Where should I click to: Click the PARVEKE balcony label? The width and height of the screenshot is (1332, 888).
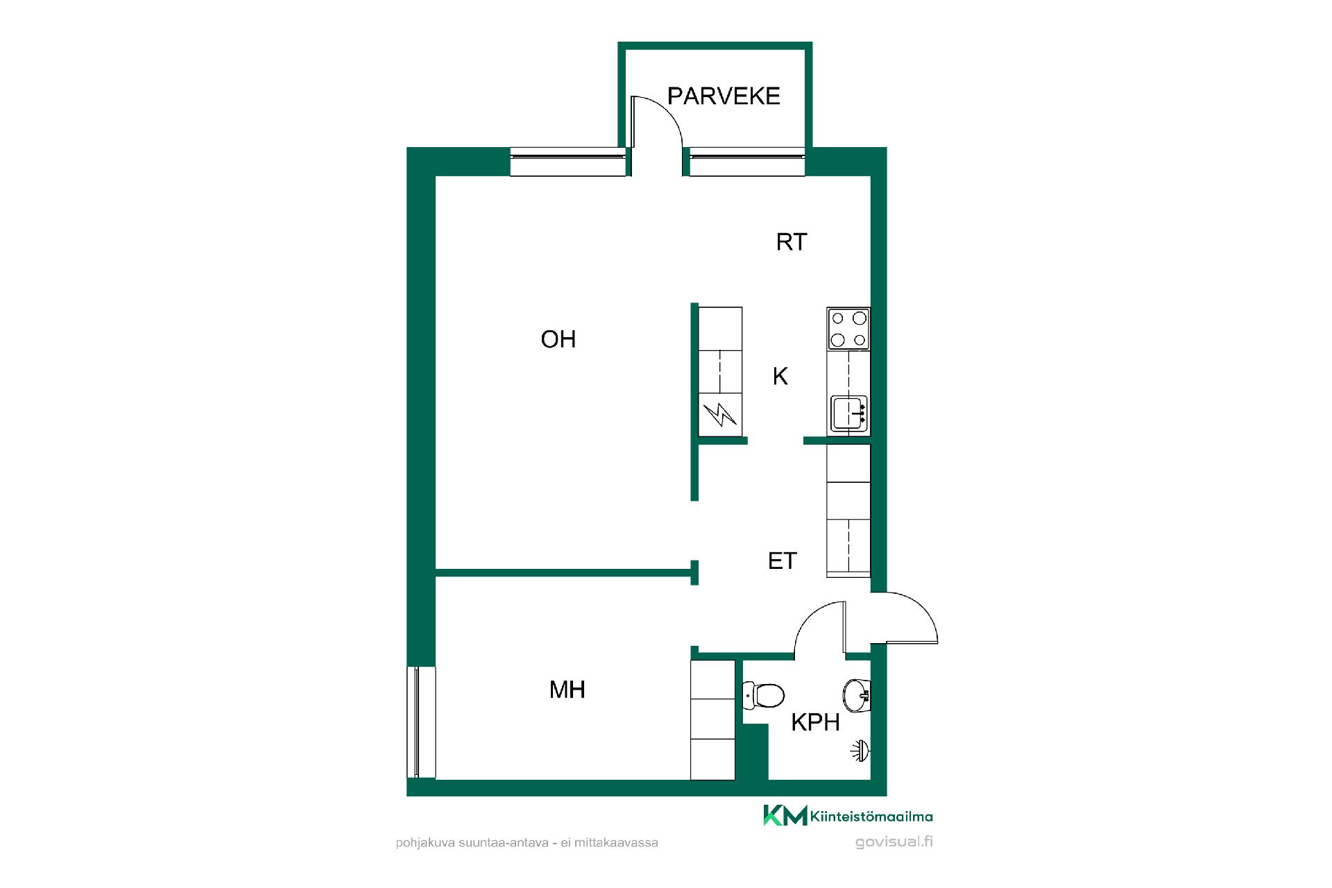click(x=724, y=96)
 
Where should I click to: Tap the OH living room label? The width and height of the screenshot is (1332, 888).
click(x=558, y=339)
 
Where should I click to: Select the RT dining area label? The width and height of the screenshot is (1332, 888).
click(x=792, y=242)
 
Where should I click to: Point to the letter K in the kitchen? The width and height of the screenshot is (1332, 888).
click(x=780, y=377)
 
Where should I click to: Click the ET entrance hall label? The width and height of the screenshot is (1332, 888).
click(x=783, y=561)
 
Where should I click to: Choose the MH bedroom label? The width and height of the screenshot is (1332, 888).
click(x=567, y=690)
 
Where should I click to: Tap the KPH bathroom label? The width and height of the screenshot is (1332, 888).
click(x=816, y=723)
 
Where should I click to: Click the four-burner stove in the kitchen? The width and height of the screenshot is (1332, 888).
click(x=848, y=329)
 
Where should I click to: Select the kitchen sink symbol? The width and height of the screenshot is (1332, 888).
click(x=848, y=414)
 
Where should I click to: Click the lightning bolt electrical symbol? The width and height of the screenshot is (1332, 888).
click(x=720, y=416)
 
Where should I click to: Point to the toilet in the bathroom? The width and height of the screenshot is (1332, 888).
click(x=763, y=694)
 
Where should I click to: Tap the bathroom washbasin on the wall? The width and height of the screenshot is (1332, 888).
click(x=857, y=694)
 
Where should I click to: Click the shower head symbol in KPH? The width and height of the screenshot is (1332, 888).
click(x=862, y=751)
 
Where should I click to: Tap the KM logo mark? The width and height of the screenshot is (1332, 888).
click(x=785, y=816)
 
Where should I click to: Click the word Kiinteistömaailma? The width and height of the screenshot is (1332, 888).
click(x=871, y=817)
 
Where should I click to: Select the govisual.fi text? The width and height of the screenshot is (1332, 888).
click(x=894, y=842)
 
